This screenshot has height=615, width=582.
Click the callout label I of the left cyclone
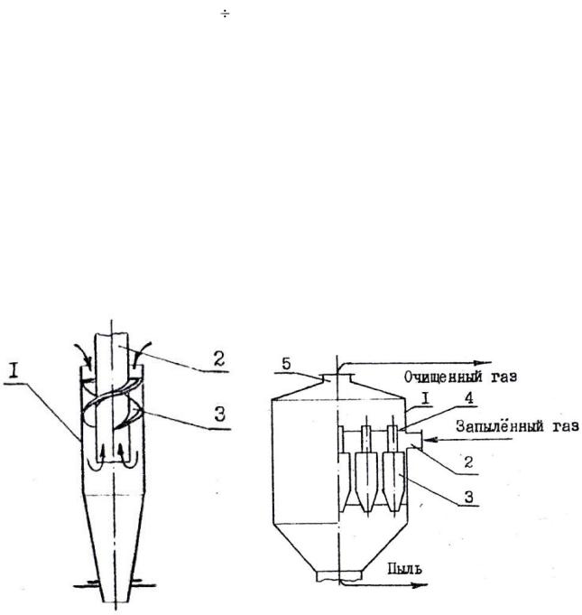(14, 370)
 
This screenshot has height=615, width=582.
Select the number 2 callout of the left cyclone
(219, 359)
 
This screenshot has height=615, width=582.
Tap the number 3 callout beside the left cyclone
(220, 414)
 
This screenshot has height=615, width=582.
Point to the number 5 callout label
(287, 364)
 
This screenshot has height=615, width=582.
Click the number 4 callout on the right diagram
(468, 397)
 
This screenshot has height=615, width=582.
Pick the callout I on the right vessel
(426, 398)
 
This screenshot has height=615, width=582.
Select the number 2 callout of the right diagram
(468, 462)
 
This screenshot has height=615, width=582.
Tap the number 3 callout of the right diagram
(468, 497)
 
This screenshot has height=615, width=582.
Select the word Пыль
(405, 568)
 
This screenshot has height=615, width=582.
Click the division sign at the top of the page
(225, 15)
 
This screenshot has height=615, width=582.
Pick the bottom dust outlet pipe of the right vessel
(338, 576)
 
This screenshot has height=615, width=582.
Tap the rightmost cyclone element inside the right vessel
(394, 470)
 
